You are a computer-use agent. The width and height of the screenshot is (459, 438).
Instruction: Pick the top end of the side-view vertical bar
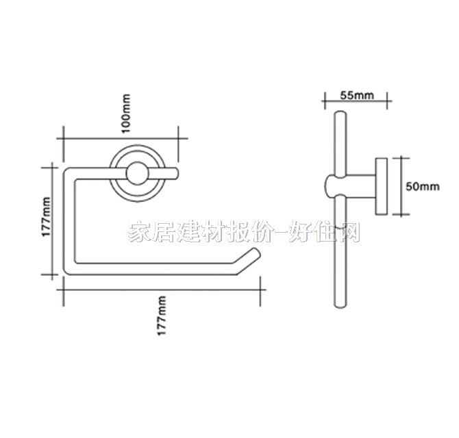pyautogui.click(x=338, y=114)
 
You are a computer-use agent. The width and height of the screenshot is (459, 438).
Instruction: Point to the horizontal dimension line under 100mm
pyautogui.click(x=121, y=136)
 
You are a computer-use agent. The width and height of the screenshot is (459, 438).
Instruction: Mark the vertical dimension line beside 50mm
pyautogui.click(x=400, y=185)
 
